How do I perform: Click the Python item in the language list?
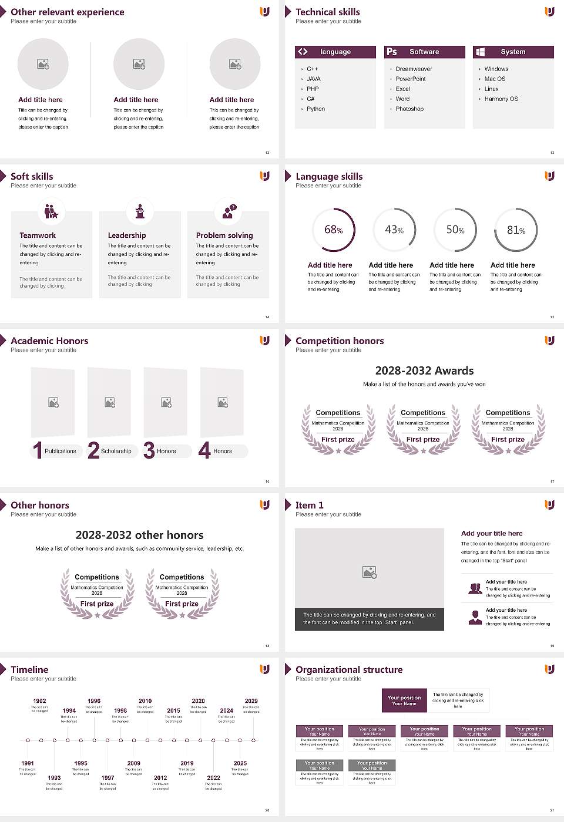pyautogui.click(x=315, y=109)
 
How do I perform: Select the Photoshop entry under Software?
pyautogui.click(x=409, y=109)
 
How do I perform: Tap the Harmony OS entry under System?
pyautogui.click(x=501, y=99)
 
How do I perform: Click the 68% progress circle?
pyautogui.click(x=334, y=230)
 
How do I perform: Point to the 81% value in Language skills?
pyautogui.click(x=516, y=230)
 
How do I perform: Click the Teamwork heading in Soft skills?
pyautogui.click(x=38, y=235)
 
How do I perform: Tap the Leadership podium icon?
pyautogui.click(x=140, y=211)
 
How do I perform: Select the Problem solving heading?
pyautogui.click(x=224, y=235)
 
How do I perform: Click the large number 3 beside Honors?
pyautogui.click(x=149, y=450)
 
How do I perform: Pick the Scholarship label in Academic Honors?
pyautogui.click(x=116, y=452)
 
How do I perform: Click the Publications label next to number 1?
pyautogui.click(x=61, y=452)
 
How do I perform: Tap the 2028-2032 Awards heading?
pyautogui.click(x=424, y=371)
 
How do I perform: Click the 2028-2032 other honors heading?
pyautogui.click(x=139, y=535)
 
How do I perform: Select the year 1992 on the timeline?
pyautogui.click(x=39, y=701)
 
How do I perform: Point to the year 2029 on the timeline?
pyautogui.click(x=251, y=701)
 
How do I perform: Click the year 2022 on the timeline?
pyautogui.click(x=213, y=778)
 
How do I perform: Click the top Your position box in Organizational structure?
pyautogui.click(x=404, y=700)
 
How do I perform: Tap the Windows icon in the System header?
pyautogui.click(x=480, y=52)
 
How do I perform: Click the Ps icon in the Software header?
pyautogui.click(x=392, y=52)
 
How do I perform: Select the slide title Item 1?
pyautogui.click(x=309, y=506)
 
